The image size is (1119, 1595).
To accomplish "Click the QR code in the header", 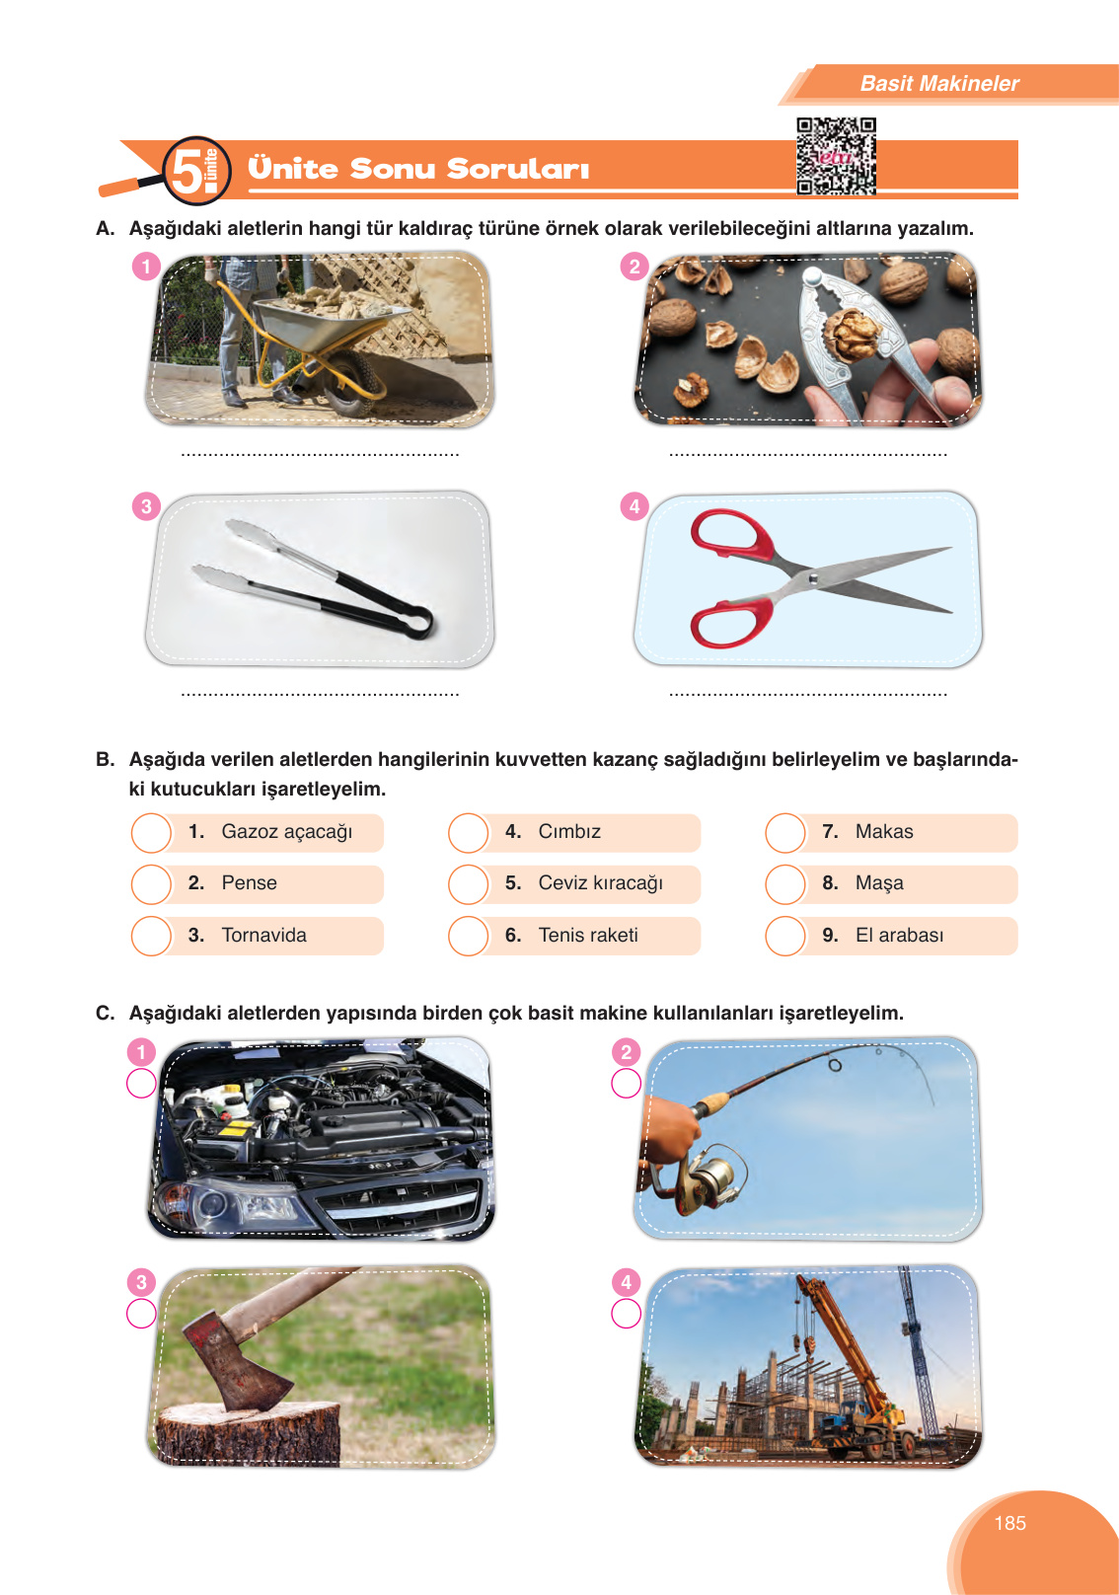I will tap(836, 156).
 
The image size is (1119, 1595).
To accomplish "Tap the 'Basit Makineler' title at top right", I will tap(938, 84).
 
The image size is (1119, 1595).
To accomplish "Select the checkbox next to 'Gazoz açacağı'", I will tap(152, 832).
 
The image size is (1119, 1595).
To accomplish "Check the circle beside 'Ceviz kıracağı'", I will tap(469, 883).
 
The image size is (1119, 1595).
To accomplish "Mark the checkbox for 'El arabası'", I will tap(785, 936).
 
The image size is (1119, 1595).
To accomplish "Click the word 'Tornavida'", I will tap(263, 935).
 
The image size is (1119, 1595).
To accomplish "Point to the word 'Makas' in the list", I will tap(883, 831).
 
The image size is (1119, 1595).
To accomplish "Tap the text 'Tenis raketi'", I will tap(587, 935).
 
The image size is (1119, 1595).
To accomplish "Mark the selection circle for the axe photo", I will tap(141, 1313).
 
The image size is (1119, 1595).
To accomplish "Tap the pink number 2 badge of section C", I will tap(626, 1052).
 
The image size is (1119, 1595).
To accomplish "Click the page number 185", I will tap(1009, 1523).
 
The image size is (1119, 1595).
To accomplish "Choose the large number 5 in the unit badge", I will tap(186, 170).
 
